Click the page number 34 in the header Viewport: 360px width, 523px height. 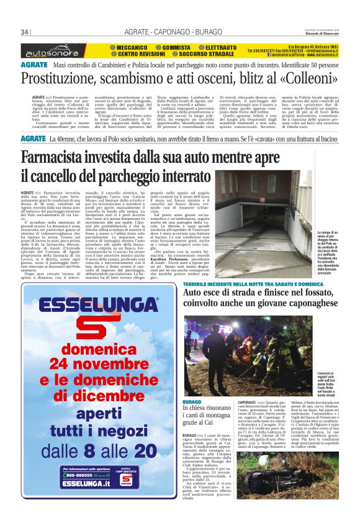(x=25, y=32)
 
